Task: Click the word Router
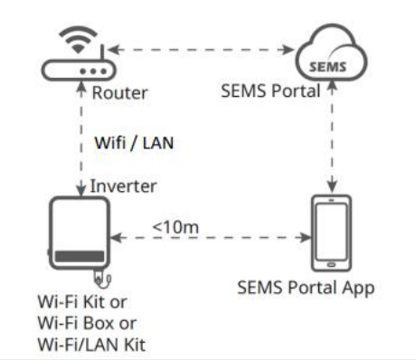point(117,92)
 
